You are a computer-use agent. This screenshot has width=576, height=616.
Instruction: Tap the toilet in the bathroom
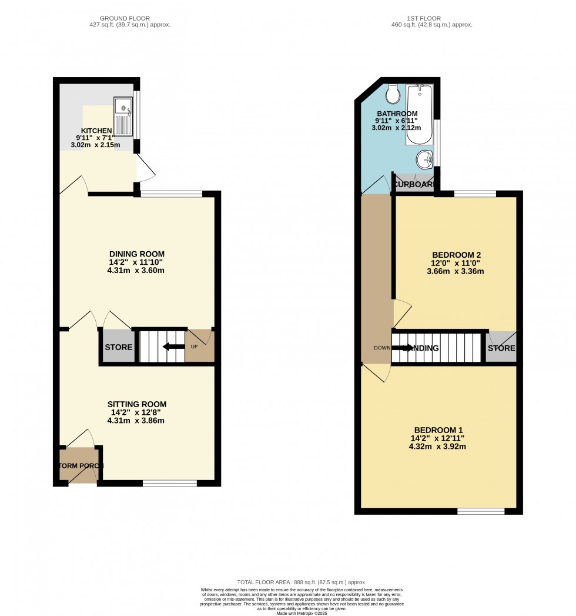(x=393, y=94)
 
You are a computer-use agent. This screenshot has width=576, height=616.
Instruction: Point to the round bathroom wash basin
(x=424, y=159)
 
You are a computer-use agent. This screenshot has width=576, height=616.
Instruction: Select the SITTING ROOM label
(x=137, y=404)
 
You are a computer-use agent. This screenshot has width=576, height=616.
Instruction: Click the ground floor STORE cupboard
(x=119, y=347)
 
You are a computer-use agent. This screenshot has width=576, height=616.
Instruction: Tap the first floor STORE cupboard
(x=501, y=348)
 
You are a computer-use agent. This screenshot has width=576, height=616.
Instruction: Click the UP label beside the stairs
(x=194, y=347)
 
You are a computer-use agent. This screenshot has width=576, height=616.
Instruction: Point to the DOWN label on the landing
(x=381, y=347)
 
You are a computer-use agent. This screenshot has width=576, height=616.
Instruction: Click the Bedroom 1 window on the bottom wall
(x=481, y=511)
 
